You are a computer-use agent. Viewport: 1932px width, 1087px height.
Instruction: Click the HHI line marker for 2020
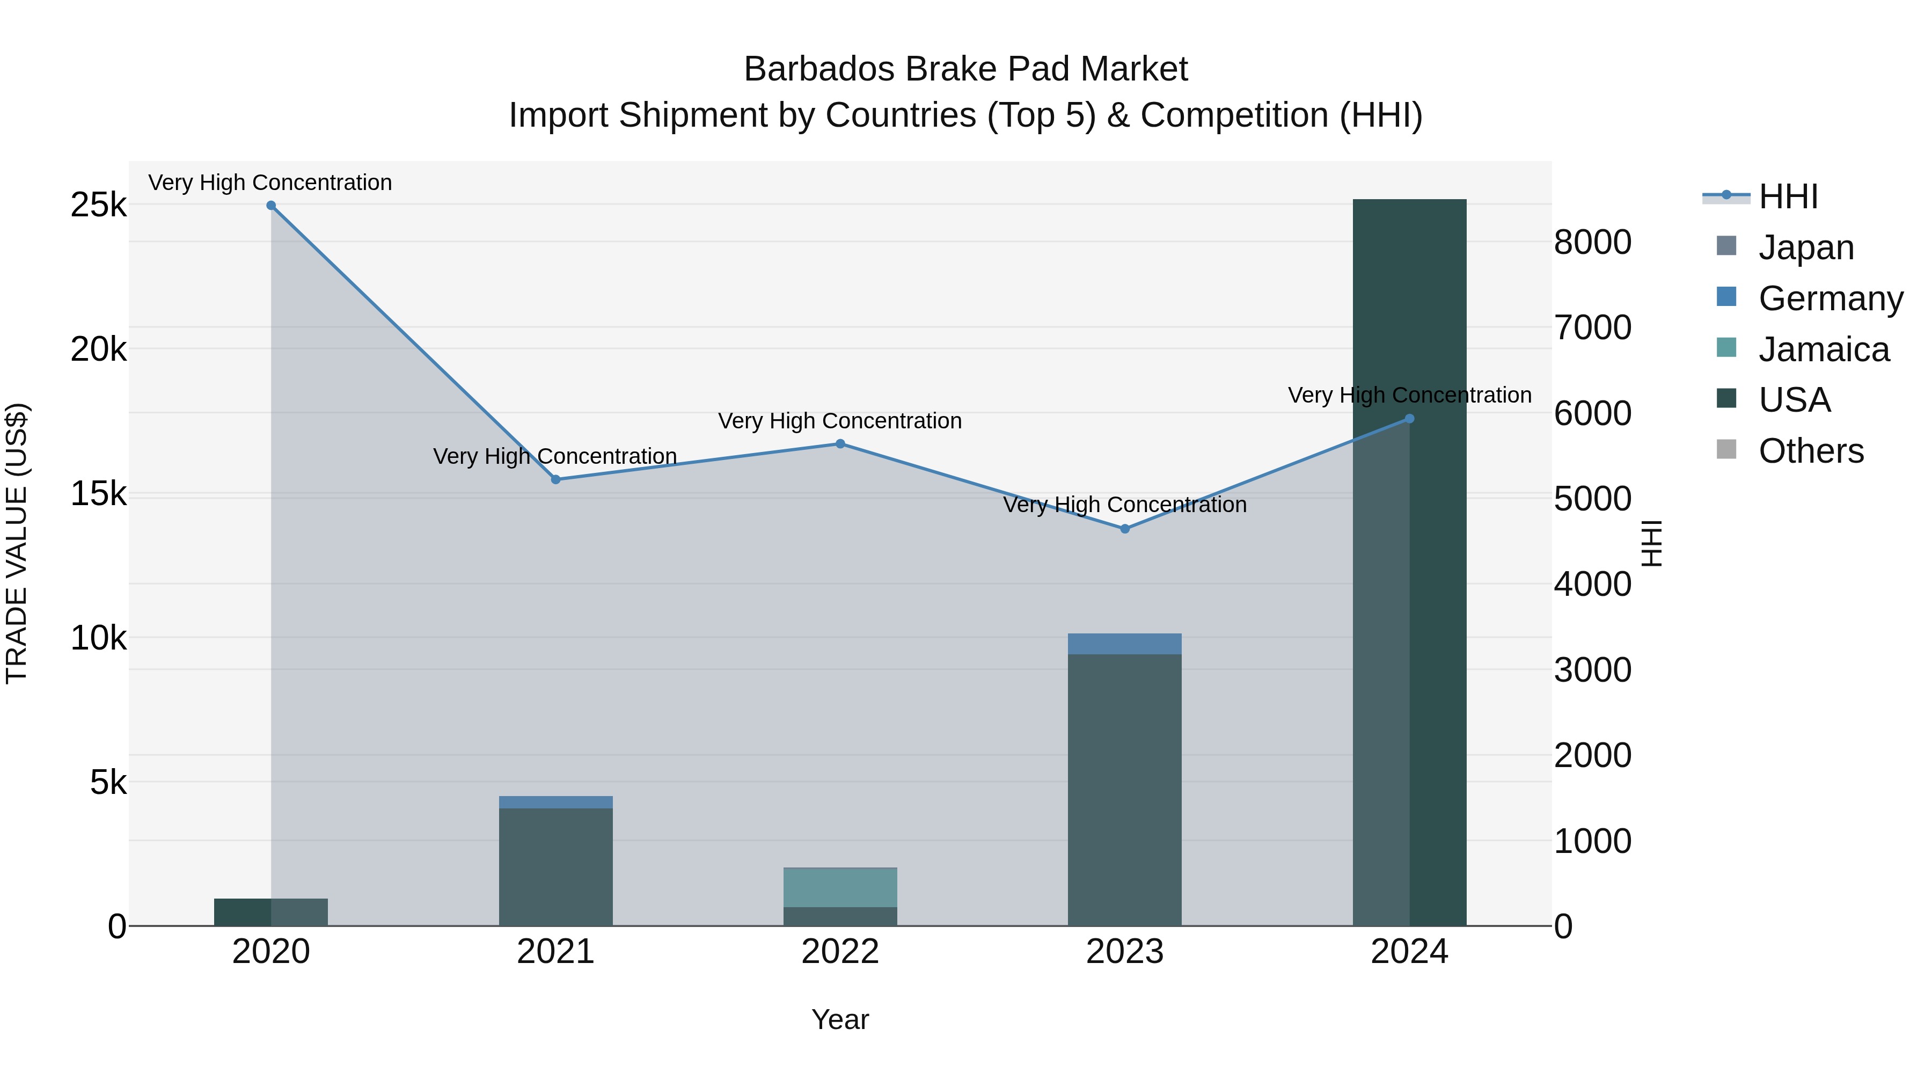[271, 206]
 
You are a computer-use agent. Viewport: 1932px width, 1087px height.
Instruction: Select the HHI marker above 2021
[556, 479]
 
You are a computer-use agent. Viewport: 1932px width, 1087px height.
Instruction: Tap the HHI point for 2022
[840, 444]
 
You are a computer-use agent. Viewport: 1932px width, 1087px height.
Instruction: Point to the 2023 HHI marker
[1125, 529]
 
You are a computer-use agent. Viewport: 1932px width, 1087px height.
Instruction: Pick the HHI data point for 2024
[1409, 419]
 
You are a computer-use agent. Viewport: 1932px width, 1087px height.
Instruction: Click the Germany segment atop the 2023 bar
[1125, 644]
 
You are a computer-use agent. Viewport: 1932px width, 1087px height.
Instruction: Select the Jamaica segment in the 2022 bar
[840, 887]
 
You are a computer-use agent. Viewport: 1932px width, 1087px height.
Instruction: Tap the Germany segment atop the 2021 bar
[556, 802]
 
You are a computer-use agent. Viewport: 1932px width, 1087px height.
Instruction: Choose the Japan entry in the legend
[1805, 247]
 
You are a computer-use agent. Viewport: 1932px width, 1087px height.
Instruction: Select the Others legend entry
[1811, 451]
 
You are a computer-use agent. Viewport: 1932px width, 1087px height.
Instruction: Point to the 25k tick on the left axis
[98, 205]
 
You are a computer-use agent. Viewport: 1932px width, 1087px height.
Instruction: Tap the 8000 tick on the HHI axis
[1592, 242]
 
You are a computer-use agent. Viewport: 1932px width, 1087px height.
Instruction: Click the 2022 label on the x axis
[840, 952]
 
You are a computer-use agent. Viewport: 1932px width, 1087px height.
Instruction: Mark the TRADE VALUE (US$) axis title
[17, 543]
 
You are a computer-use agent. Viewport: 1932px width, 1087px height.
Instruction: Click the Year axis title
[840, 1019]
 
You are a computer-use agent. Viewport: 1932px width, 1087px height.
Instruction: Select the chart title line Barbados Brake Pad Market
[965, 69]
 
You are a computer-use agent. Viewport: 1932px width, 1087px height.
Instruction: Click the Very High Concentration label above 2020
[270, 183]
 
